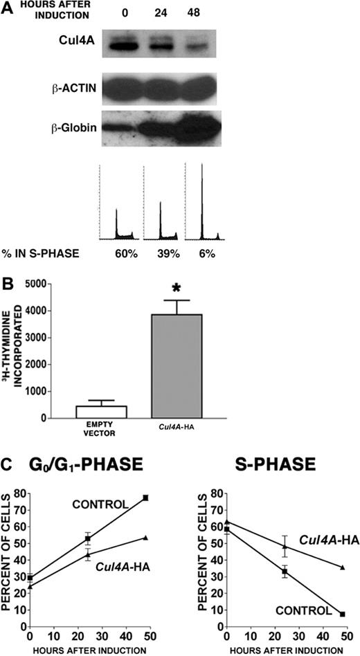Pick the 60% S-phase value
pos(127,254)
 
